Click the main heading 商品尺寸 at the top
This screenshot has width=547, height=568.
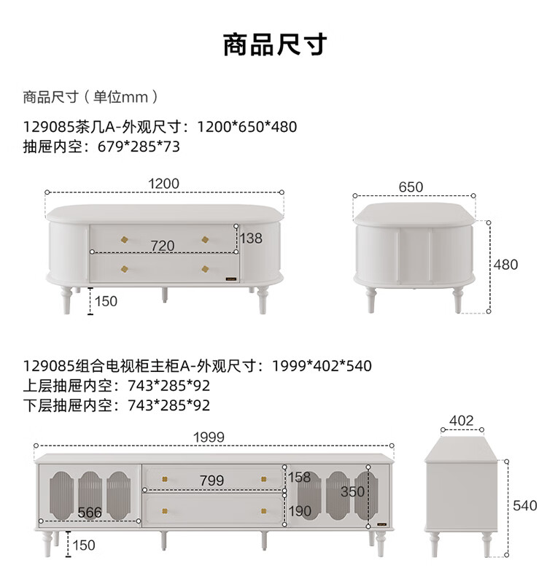275,44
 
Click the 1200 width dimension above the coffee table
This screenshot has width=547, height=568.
164,184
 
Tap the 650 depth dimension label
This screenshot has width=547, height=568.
411,187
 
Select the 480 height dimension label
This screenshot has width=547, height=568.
505,265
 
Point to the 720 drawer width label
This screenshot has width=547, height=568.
163,246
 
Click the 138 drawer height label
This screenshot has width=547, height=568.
251,238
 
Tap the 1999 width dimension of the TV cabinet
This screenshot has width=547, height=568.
209,437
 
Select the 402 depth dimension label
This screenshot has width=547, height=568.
462,421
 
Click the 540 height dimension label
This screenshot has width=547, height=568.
525,505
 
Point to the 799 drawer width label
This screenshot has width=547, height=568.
212,481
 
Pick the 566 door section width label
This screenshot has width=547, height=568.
90,513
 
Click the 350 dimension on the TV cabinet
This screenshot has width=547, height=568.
352,491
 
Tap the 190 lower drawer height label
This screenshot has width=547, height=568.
300,511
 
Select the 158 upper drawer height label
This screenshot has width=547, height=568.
300,477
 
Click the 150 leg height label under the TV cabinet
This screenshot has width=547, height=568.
84,545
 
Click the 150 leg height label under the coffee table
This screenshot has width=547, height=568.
106,301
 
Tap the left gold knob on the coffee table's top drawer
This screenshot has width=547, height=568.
124,239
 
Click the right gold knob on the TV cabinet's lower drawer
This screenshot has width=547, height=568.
264,511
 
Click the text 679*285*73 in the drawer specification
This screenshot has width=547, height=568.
139,147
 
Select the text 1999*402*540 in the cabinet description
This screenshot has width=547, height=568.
322,366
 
